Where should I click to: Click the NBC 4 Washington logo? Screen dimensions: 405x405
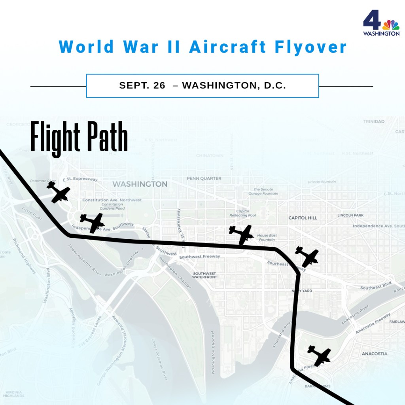[381, 23]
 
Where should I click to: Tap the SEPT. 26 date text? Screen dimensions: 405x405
[142, 85]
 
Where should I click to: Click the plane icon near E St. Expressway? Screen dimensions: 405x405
[59, 192]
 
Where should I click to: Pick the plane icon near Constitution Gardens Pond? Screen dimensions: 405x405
[92, 222]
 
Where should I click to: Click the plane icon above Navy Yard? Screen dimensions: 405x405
[307, 256]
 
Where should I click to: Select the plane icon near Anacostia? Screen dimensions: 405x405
[319, 355]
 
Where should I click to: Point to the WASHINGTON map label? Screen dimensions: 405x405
[140, 184]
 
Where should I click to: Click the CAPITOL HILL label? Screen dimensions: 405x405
[303, 218]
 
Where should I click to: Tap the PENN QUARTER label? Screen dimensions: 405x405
[204, 178]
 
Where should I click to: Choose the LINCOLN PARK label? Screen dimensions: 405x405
[350, 215]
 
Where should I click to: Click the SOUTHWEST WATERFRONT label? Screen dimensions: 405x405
[204, 275]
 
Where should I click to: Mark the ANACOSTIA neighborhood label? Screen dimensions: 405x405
[374, 354]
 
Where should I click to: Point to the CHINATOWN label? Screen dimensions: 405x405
[210, 155]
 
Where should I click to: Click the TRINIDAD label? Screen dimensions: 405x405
[374, 121]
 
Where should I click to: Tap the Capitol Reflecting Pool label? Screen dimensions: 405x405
[243, 213]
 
